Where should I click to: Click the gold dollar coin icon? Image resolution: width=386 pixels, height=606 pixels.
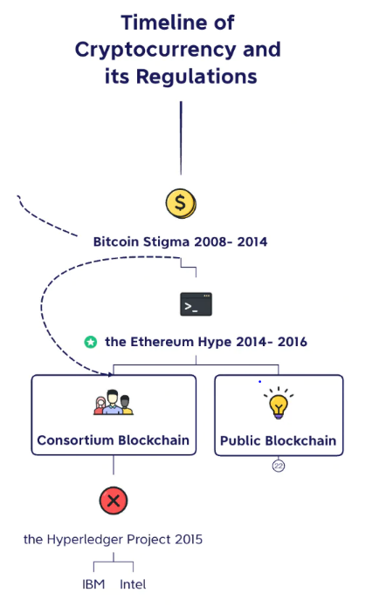181,203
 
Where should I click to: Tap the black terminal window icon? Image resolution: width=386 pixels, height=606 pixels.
196,304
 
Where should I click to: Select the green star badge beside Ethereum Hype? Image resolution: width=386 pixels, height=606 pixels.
91,342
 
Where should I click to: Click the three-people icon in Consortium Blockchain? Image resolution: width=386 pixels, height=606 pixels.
113,402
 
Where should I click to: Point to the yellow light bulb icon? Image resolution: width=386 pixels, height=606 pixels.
279,403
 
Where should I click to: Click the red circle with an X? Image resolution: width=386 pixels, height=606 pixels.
114,500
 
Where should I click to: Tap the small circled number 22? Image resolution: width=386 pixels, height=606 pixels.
279,466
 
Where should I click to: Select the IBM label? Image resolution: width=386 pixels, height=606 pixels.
93,584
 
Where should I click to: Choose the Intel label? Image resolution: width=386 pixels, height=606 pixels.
133,584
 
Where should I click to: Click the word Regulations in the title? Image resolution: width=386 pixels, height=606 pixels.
196,76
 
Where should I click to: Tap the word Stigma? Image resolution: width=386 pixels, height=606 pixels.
167,242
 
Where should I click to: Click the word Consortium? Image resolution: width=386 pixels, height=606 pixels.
75,440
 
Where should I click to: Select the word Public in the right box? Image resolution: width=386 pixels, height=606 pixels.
240,440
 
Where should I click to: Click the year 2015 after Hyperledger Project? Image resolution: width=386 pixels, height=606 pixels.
189,540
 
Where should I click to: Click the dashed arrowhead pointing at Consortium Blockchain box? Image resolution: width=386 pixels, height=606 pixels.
111,374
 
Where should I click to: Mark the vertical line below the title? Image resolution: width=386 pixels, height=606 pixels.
181,138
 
